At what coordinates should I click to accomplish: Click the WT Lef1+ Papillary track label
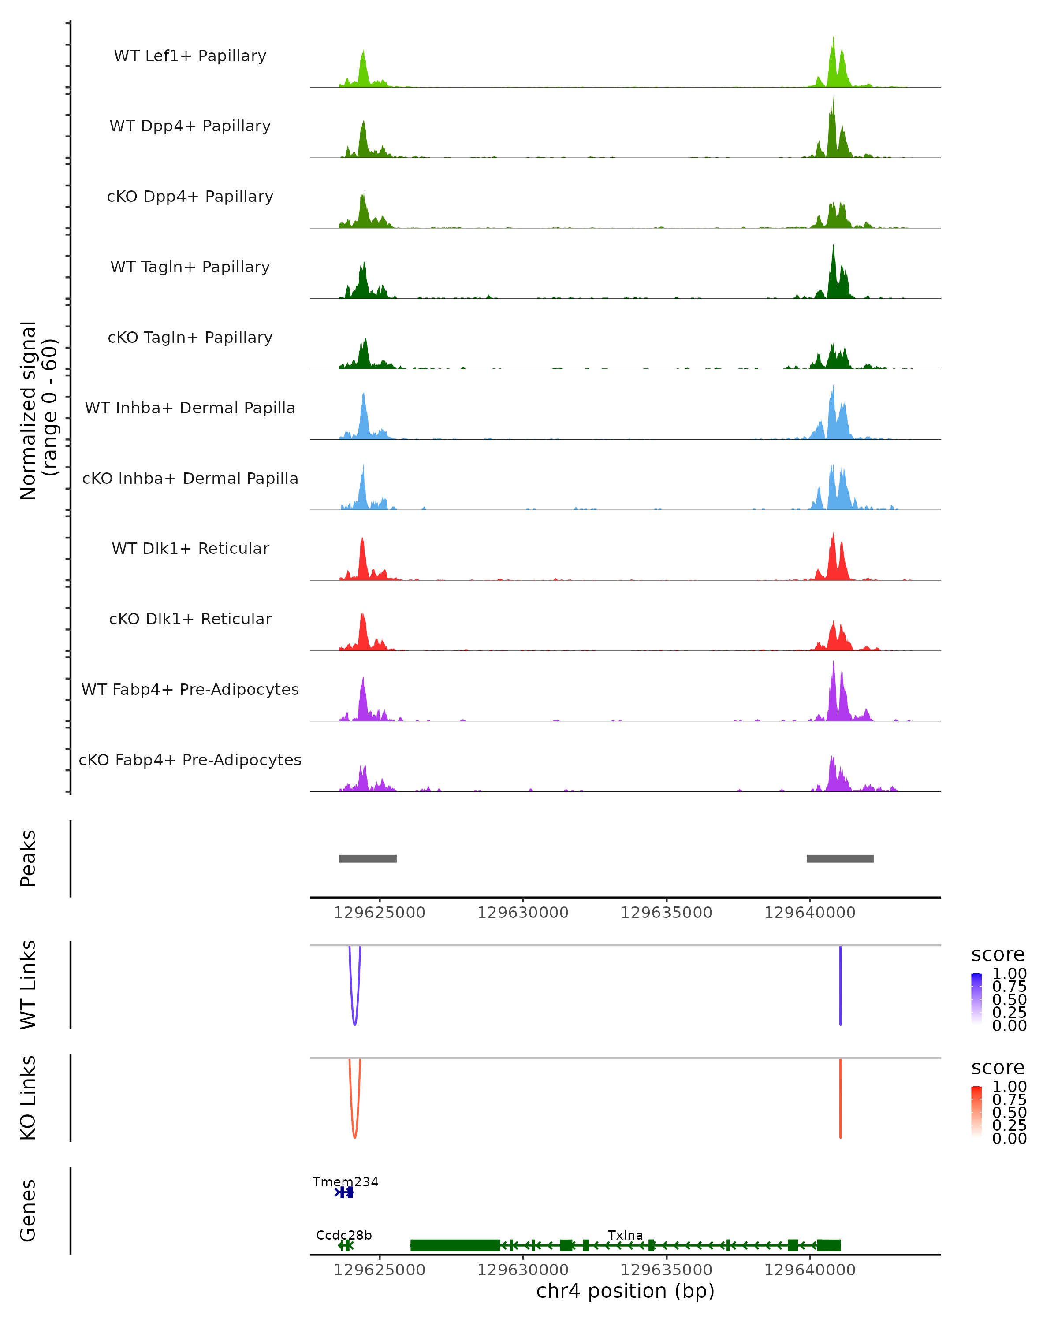(x=190, y=56)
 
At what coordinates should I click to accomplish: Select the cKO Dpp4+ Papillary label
(x=190, y=197)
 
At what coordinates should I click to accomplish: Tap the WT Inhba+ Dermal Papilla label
(x=190, y=408)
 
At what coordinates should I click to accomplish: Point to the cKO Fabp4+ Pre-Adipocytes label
(x=190, y=760)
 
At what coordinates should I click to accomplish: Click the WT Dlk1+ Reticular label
(x=190, y=549)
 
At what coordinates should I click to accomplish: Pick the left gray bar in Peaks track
(x=367, y=858)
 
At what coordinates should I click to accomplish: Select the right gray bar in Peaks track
(x=840, y=858)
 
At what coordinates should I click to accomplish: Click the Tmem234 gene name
(x=345, y=1181)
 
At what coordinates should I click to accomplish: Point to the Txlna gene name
(x=625, y=1235)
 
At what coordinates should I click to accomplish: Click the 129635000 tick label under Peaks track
(x=666, y=913)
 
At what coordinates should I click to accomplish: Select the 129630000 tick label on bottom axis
(x=522, y=1270)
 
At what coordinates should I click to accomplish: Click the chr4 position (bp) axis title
(x=625, y=1291)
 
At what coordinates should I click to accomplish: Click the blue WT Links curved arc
(x=354, y=1023)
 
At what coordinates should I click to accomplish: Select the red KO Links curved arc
(x=354, y=1136)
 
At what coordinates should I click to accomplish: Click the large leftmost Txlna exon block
(x=454, y=1245)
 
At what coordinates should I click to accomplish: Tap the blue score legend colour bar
(x=976, y=998)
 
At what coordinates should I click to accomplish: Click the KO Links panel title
(x=28, y=1098)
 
